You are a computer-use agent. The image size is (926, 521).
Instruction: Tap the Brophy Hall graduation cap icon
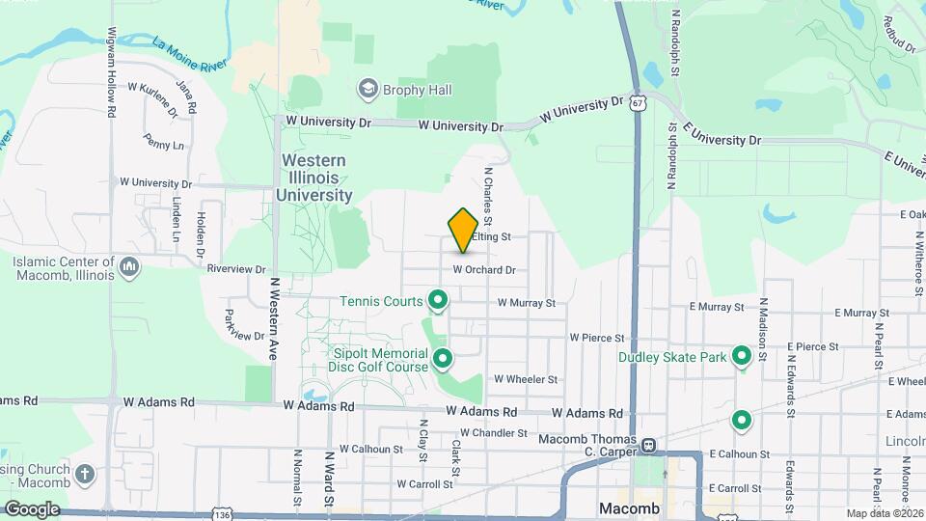(367, 90)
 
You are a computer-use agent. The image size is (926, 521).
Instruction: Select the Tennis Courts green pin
(437, 301)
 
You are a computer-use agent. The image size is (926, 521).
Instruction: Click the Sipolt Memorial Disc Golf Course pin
(443, 360)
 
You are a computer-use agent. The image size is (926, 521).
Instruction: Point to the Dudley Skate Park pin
(742, 357)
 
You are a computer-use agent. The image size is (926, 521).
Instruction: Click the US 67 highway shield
(638, 101)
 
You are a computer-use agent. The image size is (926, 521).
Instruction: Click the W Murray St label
(526, 303)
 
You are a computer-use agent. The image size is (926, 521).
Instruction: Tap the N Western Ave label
(274, 319)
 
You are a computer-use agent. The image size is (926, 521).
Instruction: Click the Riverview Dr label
(235, 269)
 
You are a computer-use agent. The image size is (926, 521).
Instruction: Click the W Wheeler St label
(526, 380)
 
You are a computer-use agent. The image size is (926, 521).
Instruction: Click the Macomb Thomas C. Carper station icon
(648, 446)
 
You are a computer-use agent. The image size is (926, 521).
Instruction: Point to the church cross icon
(85, 474)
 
